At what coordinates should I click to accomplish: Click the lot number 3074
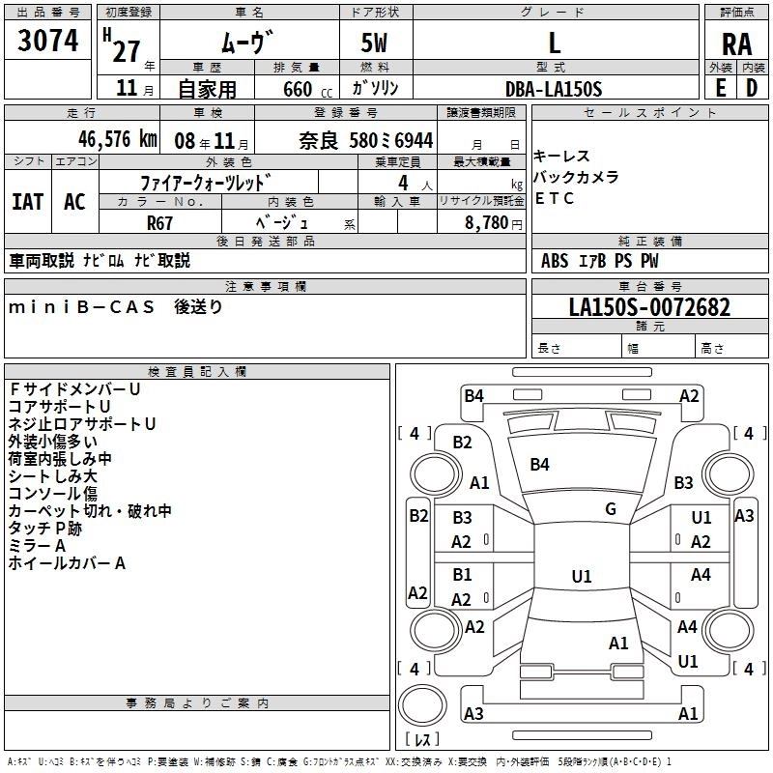pos(48,41)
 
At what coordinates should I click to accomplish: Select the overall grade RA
pos(736,43)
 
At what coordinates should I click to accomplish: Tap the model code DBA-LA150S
pos(554,89)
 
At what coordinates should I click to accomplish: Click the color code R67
pos(159,221)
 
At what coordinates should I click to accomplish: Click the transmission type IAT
pos(27,201)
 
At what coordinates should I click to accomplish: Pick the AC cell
pos(74,201)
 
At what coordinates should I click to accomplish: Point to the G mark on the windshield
pos(611,509)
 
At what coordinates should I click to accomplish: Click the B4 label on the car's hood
pos(539,465)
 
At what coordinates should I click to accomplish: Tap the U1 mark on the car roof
pos(581,576)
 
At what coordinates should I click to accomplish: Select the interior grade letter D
pos(751,88)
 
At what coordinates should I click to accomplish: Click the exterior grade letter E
pos(720,88)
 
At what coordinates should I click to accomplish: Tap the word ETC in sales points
pos(555,198)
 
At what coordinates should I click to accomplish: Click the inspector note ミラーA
pos(37,546)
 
